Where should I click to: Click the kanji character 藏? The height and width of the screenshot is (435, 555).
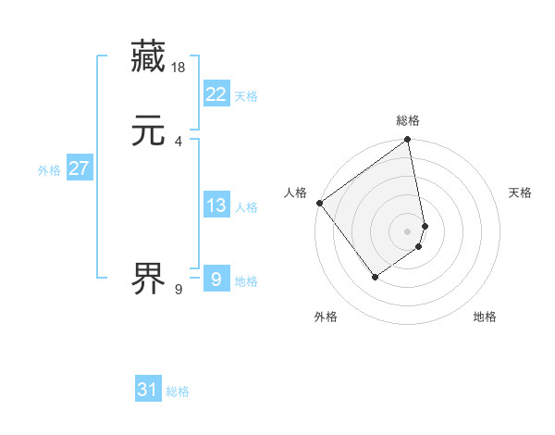(148, 57)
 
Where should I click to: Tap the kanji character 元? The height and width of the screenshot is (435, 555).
(148, 131)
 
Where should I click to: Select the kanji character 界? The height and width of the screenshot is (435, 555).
(148, 277)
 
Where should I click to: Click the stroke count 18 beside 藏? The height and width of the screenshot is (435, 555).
(179, 67)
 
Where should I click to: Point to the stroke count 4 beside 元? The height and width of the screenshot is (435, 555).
(178, 141)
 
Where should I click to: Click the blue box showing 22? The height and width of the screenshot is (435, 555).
(216, 93)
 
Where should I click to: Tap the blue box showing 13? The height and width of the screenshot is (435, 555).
(216, 205)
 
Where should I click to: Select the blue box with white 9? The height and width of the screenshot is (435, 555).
(216, 279)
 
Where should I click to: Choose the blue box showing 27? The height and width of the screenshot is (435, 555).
(79, 168)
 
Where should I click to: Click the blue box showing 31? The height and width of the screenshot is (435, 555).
(148, 390)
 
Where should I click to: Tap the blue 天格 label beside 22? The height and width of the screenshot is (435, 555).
(246, 96)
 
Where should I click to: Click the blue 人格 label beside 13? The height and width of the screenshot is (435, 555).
(246, 208)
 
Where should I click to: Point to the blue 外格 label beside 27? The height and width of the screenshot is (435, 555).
(49, 170)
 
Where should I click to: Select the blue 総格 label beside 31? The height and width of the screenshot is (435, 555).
(178, 392)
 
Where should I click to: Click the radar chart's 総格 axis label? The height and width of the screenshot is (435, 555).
(408, 120)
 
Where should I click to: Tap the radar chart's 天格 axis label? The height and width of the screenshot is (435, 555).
(520, 193)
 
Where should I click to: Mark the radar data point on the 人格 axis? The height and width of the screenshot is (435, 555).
(319, 203)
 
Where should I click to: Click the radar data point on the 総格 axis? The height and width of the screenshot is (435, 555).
(408, 141)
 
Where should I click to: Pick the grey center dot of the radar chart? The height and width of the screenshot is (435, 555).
(408, 230)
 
